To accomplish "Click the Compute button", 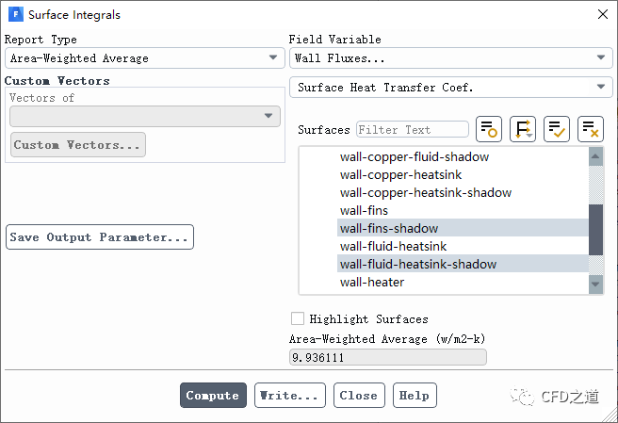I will (x=213, y=396).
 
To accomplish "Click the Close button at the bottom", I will (x=358, y=396).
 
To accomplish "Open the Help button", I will (x=415, y=396).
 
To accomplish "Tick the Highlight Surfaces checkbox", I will (x=298, y=319).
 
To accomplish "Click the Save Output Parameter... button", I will (x=100, y=237).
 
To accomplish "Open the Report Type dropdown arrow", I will (x=272, y=58).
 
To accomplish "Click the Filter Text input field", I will (x=412, y=130).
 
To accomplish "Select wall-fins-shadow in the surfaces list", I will (x=389, y=228).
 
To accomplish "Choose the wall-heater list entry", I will (x=372, y=282).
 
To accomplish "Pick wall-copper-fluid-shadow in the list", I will (x=415, y=156).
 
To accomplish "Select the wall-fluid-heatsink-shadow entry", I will (x=418, y=264).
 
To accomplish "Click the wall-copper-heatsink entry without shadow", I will (x=401, y=174).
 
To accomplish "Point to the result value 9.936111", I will (x=387, y=357).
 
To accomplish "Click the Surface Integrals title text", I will (x=74, y=15).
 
